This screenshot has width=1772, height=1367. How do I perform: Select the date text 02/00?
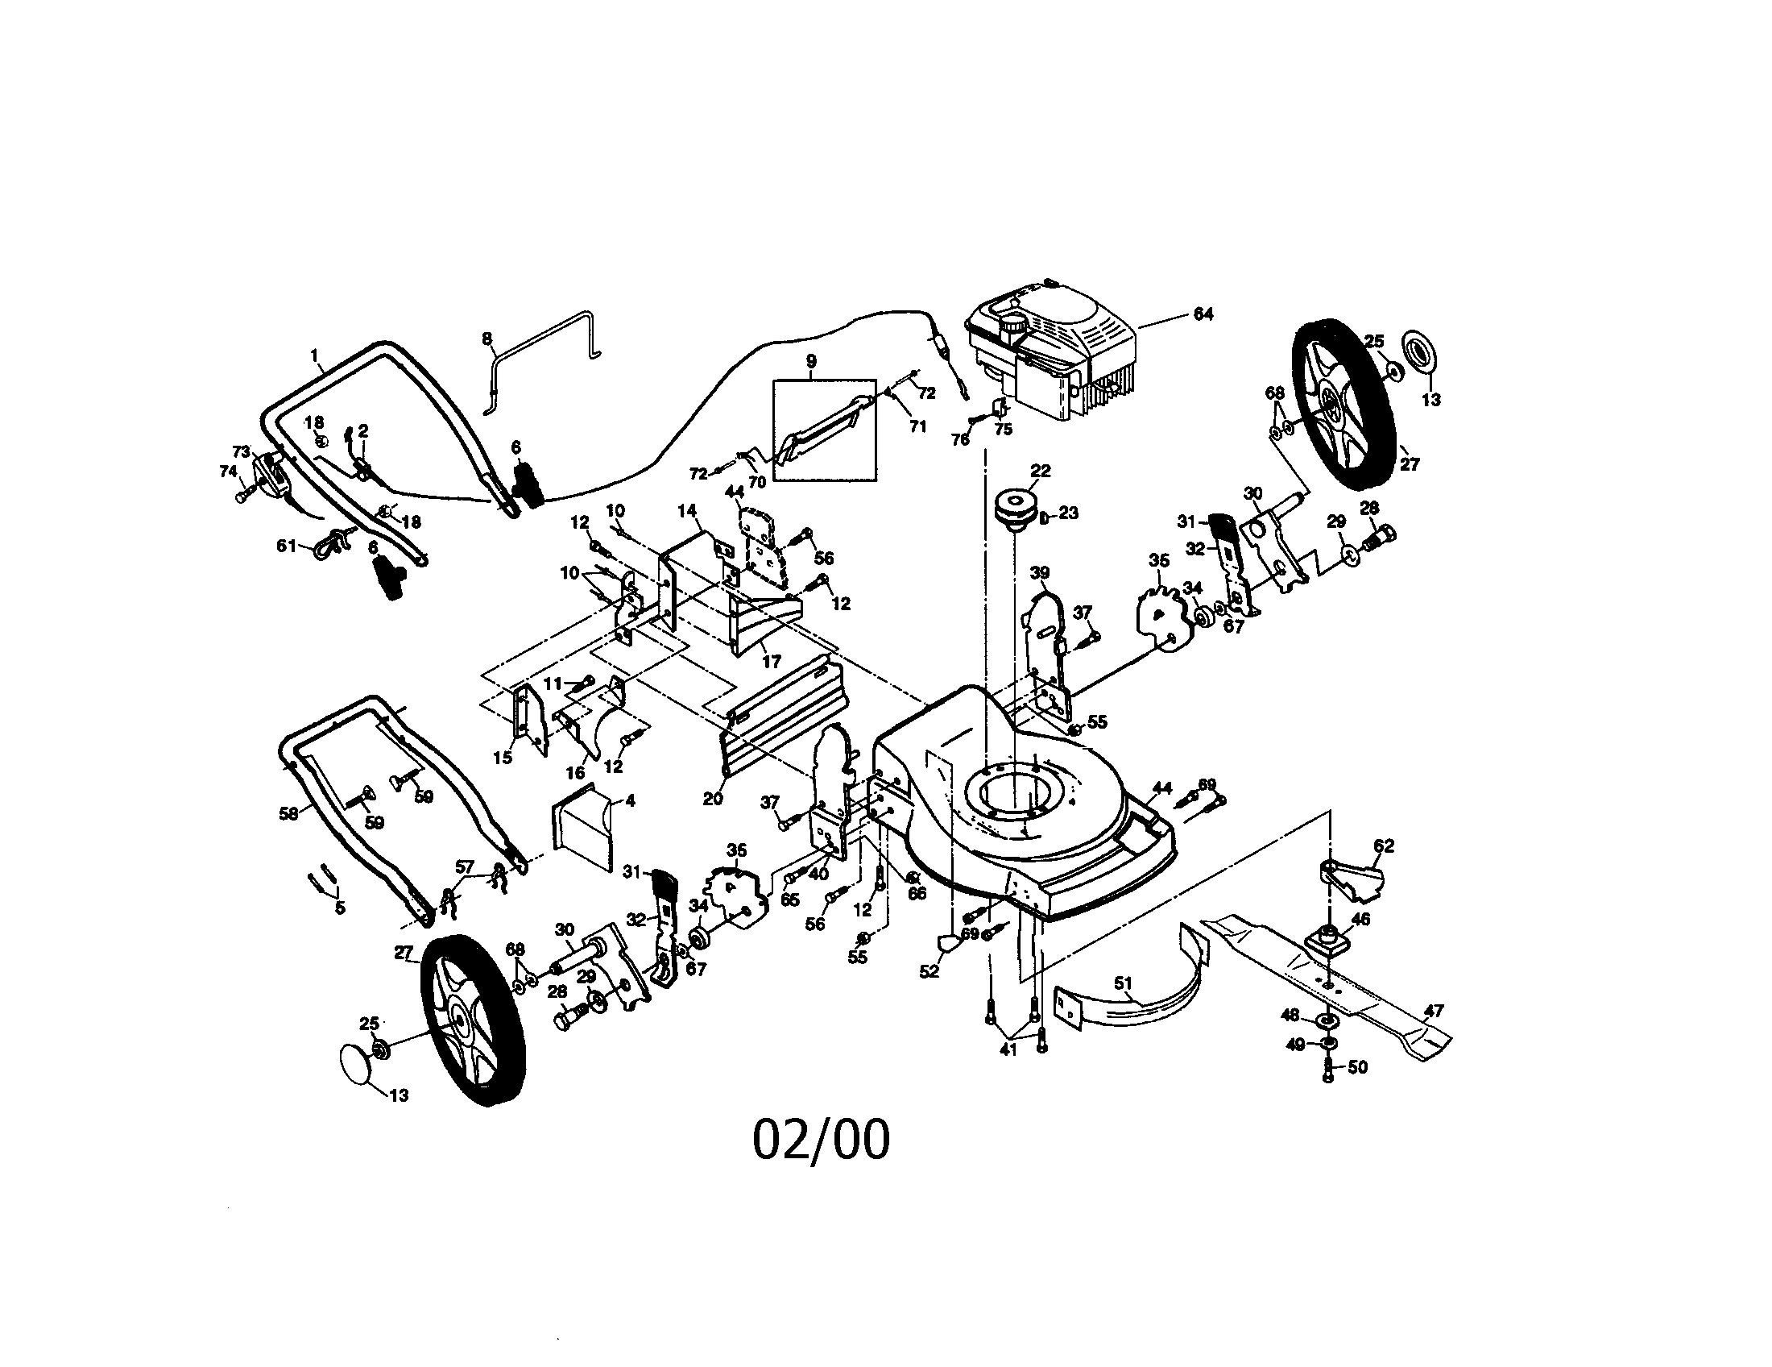pos(820,1140)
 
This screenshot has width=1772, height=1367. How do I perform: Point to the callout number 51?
pos(1123,984)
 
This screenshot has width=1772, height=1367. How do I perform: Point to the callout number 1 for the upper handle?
pos(314,355)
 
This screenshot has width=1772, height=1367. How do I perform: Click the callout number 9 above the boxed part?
pos(811,361)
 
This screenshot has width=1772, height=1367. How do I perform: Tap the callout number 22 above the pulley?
pos(1040,471)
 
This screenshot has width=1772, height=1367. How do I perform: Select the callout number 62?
pos(1384,845)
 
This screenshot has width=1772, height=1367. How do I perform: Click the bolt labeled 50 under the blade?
pos(1327,1070)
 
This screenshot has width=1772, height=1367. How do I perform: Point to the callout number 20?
pos(712,799)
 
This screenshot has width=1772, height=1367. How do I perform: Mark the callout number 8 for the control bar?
pos(486,339)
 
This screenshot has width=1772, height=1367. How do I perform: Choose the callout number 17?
pos(771,662)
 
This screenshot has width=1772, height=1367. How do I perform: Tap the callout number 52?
pos(929,971)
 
